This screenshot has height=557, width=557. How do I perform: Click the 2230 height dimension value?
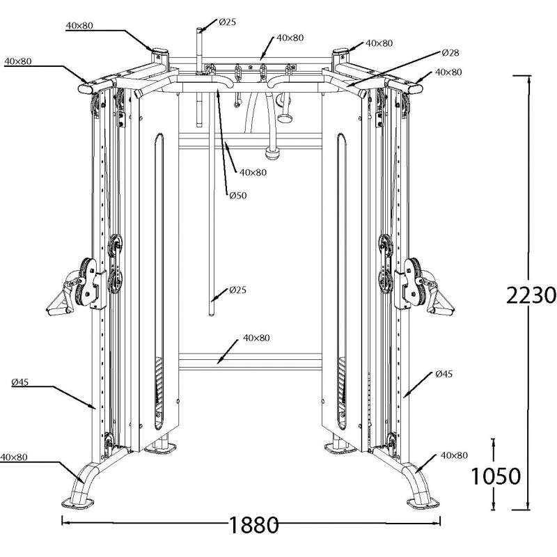point(531,295)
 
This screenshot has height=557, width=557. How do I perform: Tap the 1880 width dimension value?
point(251,524)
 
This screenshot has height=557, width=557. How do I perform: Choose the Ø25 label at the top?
point(227,22)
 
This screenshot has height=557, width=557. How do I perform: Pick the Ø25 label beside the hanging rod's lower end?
point(237,290)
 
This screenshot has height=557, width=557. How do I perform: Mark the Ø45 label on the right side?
point(443,374)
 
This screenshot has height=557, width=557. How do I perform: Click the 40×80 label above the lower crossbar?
point(256,338)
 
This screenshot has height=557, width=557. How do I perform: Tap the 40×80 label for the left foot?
point(14,457)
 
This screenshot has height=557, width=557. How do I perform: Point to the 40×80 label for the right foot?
point(454,455)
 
